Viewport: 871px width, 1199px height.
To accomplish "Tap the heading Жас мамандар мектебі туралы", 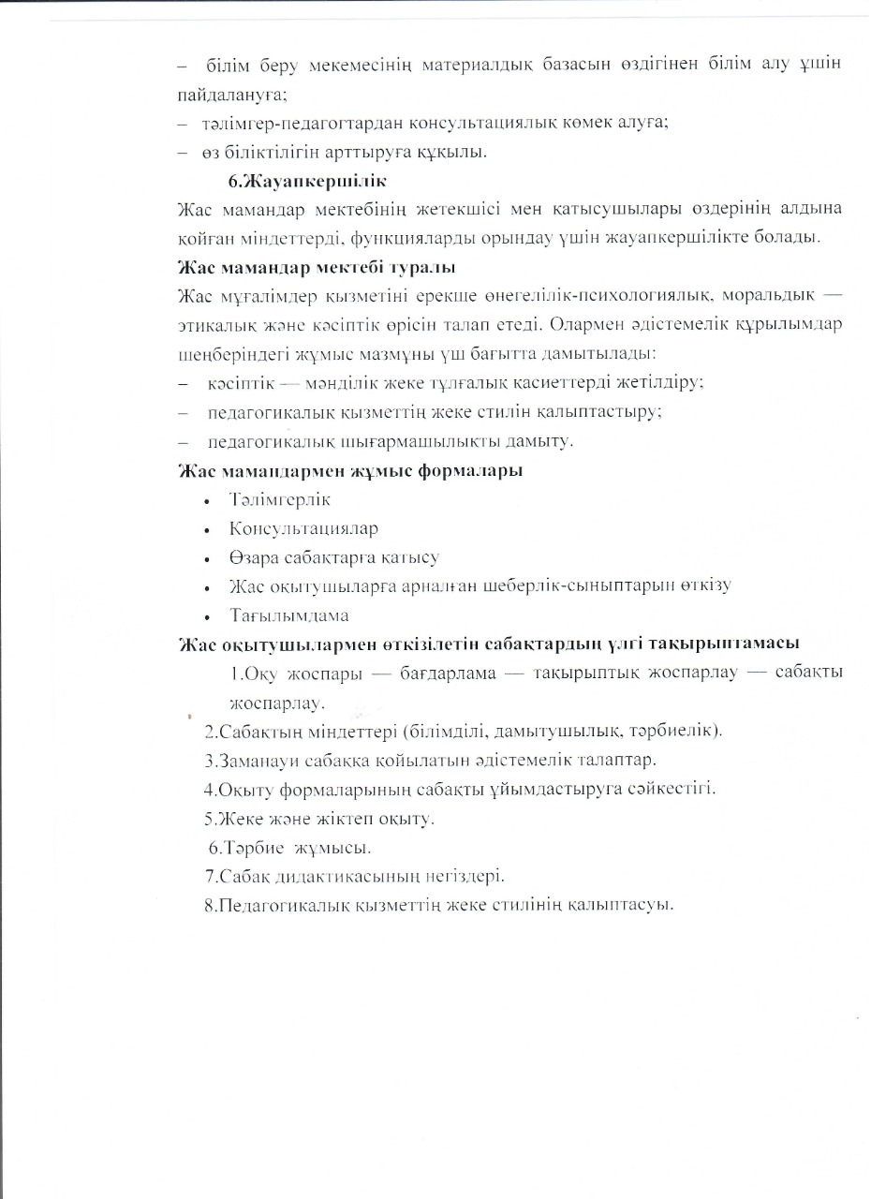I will [316, 268].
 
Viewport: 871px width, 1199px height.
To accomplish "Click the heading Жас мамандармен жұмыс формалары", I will [349, 470].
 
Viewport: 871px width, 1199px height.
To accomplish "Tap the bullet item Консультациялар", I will [303, 529].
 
